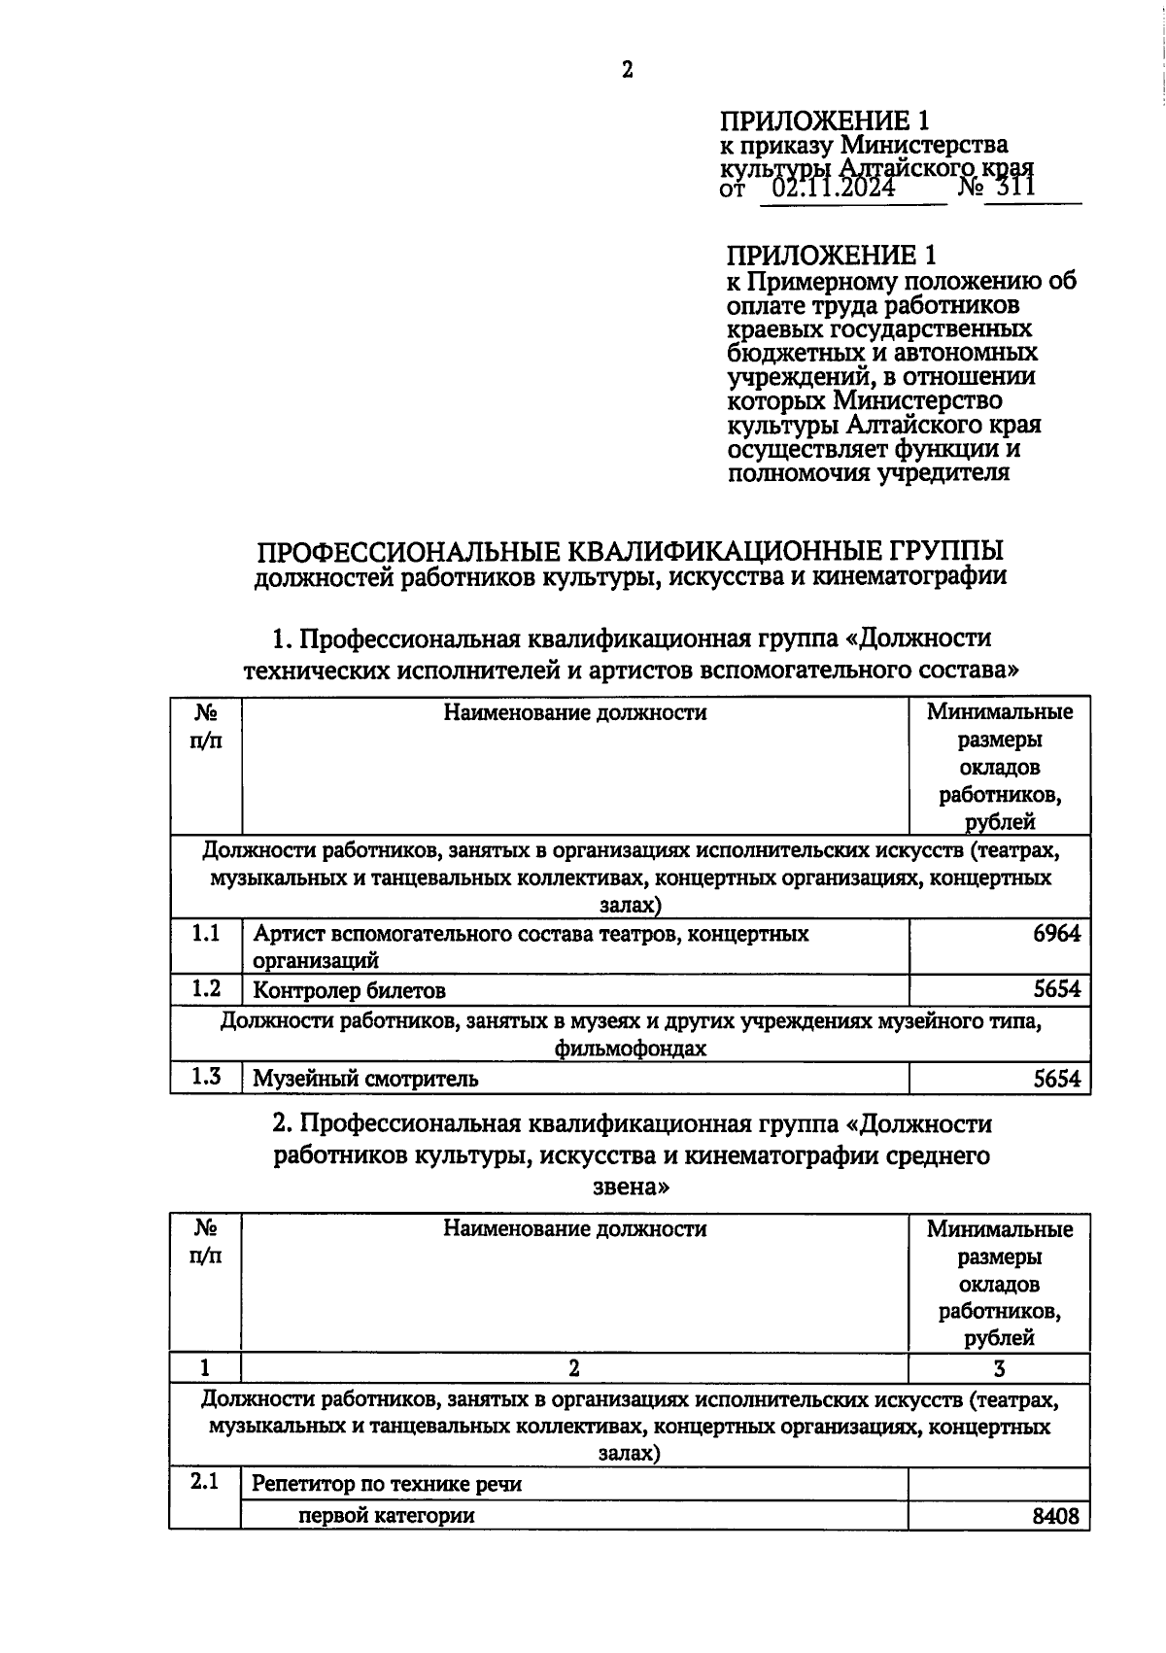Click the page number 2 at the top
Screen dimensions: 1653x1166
628,69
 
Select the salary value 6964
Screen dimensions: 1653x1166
1056,934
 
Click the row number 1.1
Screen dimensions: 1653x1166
205,934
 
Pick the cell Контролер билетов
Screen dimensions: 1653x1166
349,991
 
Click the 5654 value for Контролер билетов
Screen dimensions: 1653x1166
1056,990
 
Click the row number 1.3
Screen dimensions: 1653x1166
205,1076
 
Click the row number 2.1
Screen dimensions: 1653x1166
205,1482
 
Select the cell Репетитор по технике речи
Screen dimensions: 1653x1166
387,1484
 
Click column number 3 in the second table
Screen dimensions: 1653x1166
999,1368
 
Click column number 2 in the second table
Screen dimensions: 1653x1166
574,1368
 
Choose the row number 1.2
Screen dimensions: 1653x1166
205,989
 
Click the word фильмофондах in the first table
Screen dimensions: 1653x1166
630,1049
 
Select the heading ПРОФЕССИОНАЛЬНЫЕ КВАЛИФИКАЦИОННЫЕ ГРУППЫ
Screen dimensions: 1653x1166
630,551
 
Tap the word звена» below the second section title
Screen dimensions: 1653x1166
631,1187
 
